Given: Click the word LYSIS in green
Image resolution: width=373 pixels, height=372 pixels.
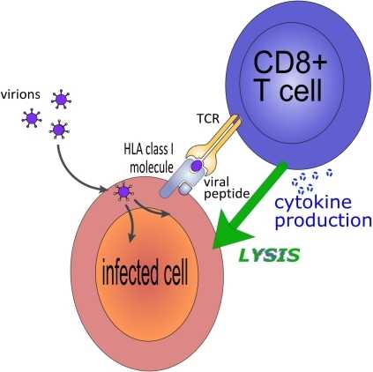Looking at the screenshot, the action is coord(269,255).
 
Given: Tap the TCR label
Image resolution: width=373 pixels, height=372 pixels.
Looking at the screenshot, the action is coord(208,118).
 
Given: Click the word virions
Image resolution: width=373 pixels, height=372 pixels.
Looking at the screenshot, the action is coord(20,94).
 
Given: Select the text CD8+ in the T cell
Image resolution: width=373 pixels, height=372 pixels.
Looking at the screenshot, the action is coord(290,62).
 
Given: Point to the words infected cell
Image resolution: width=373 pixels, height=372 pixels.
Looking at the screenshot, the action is coord(145,272).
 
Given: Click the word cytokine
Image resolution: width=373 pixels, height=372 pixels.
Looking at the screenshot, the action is coord(313,203).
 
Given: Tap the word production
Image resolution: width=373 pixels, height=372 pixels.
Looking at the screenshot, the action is coord(323,220).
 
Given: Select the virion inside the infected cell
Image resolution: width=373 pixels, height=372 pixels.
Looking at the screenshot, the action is coord(124,192).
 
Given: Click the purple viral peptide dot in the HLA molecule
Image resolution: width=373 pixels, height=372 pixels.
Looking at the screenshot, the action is coord(196,166).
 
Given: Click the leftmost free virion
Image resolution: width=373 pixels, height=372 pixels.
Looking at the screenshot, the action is coord(32,118).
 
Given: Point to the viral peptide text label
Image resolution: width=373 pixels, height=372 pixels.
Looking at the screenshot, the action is coord(227,188).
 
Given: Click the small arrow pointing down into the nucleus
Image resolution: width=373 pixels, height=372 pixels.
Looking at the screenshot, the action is coord(130,224).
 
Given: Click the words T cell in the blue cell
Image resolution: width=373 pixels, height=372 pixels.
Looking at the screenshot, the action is coord(289,90).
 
